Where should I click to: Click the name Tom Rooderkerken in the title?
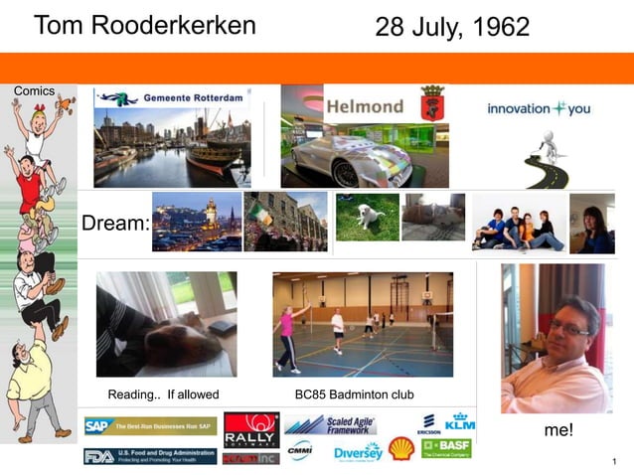click(x=144, y=26)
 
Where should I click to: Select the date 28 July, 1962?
click(x=452, y=28)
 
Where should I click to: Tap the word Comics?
click(x=34, y=90)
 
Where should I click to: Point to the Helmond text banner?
click(x=365, y=106)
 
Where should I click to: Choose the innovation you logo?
click(x=539, y=108)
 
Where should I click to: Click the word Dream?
click(x=115, y=224)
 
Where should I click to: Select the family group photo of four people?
click(x=518, y=224)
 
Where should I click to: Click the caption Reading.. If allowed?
click(x=163, y=395)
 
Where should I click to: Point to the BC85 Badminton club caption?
click(x=355, y=395)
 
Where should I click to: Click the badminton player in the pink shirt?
click(x=287, y=333)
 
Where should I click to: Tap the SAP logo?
click(x=149, y=426)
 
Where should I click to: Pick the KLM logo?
click(x=460, y=420)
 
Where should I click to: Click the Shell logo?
click(x=400, y=448)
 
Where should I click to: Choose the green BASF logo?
click(x=446, y=448)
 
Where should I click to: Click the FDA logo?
click(x=149, y=456)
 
